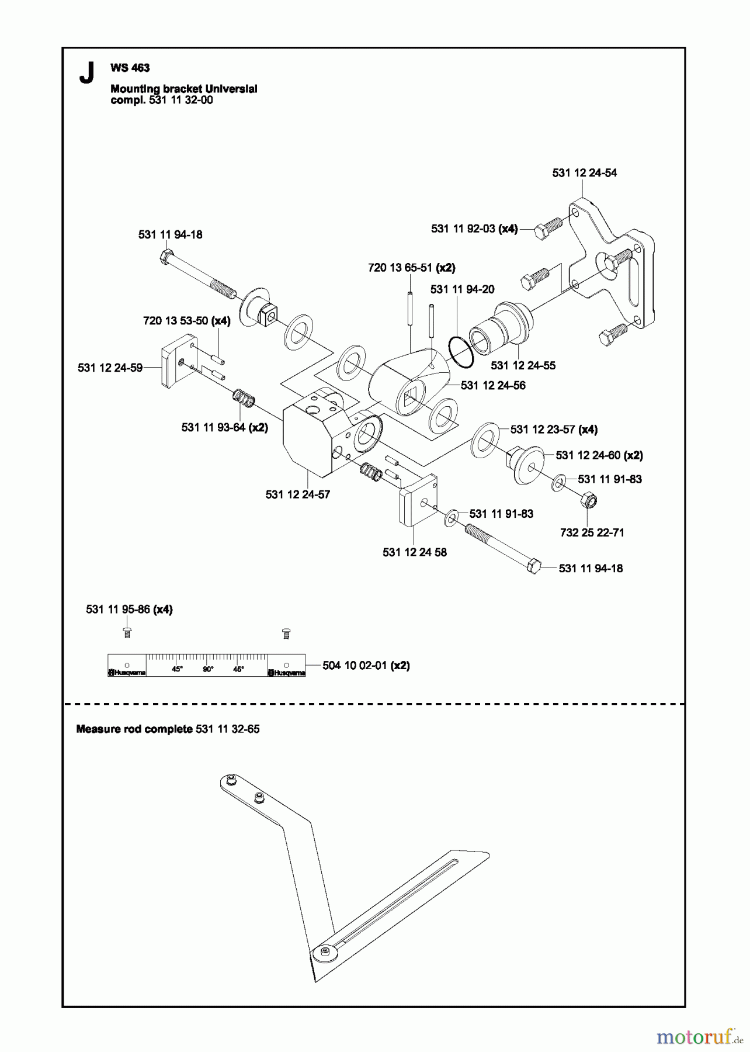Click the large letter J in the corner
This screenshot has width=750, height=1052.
(x=86, y=73)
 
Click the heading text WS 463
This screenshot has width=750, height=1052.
(x=130, y=68)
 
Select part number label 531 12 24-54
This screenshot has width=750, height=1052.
(x=584, y=173)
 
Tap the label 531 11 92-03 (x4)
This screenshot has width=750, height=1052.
(x=474, y=229)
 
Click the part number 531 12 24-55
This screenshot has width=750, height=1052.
(x=523, y=366)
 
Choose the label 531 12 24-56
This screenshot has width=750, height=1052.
(x=493, y=386)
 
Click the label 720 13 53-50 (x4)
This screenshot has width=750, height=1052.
(x=186, y=321)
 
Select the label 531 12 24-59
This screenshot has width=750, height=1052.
(x=110, y=368)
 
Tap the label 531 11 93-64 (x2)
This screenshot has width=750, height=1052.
(x=224, y=428)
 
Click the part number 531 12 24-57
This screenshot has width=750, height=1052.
(x=297, y=494)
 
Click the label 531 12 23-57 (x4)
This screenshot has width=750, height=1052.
(x=554, y=430)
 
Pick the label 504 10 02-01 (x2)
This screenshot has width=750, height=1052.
(x=366, y=666)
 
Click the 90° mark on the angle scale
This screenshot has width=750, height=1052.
(x=208, y=670)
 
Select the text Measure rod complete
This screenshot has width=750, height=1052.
(x=134, y=729)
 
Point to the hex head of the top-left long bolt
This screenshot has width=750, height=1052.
(x=165, y=256)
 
